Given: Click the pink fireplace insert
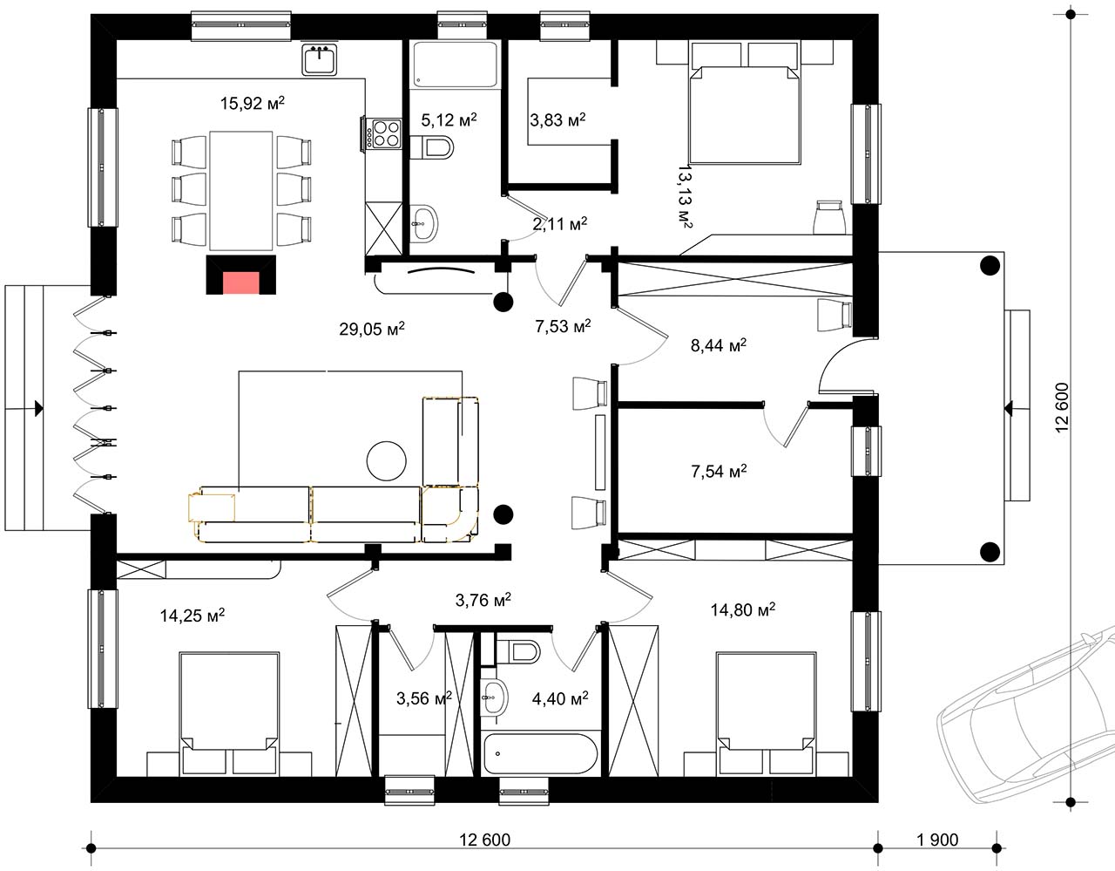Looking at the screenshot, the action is (240, 283).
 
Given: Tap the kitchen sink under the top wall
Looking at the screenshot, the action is (319, 59).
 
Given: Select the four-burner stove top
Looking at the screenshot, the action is (387, 133).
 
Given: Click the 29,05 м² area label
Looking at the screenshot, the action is (371, 328).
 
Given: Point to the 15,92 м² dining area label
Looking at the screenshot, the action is (253, 103).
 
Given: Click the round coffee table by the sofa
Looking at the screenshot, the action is (387, 461).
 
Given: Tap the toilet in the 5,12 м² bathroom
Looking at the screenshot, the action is (432, 148).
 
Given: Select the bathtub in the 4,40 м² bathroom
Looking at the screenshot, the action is (540, 753).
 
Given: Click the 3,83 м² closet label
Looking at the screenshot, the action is (557, 119).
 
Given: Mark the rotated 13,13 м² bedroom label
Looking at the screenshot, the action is (685, 195).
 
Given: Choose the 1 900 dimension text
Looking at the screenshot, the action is (937, 840).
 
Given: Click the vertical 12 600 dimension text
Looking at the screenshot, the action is (1062, 408).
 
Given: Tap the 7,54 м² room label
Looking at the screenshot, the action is (719, 471).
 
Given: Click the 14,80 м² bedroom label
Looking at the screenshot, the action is (743, 609).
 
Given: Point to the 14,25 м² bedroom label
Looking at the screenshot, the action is (193, 615).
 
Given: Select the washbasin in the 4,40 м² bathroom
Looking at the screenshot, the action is (495, 697).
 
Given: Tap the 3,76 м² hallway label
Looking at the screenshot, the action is (483, 599).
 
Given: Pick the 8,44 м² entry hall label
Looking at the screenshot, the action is (719, 345).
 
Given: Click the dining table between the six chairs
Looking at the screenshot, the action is (240, 191).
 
